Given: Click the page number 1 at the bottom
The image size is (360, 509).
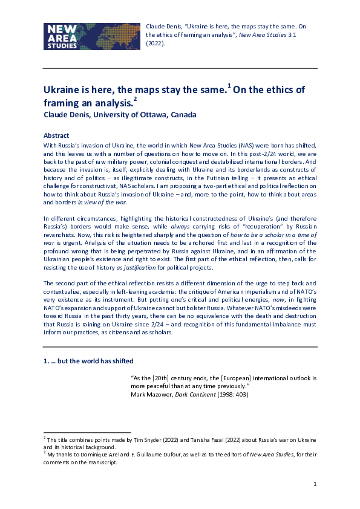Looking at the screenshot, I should [x=315, y=484].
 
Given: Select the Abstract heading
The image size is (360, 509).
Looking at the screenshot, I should [x=57, y=136].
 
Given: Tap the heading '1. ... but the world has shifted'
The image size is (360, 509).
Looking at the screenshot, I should [x=88, y=361].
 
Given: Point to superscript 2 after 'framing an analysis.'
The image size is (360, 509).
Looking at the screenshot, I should [x=136, y=99].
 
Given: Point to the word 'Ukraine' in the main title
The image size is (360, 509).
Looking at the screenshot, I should [x=62, y=90].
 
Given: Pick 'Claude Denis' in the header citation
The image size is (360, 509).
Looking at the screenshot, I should [x=163, y=27].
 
